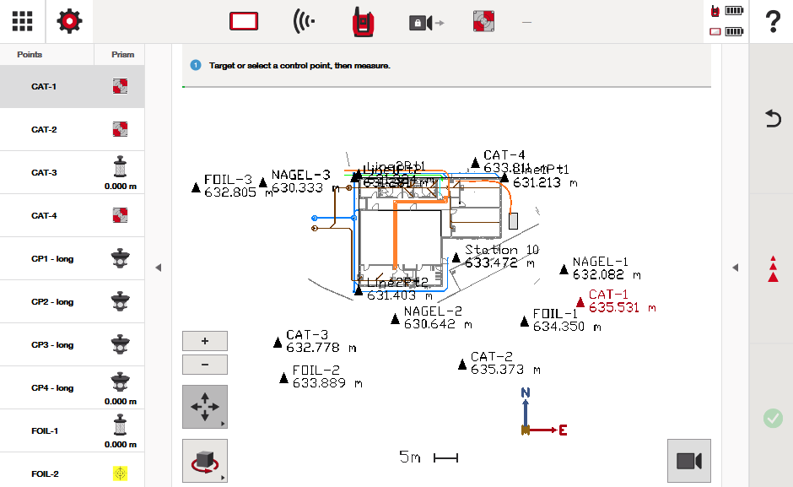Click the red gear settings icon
pyautogui.click(x=69, y=21)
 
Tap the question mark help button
pyautogui.click(x=772, y=21)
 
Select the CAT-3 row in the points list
pyautogui.click(x=44, y=172)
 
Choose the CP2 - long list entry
pyautogui.click(x=52, y=301)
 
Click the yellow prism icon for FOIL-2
pyautogui.click(x=120, y=473)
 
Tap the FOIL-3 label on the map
pyautogui.click(x=228, y=180)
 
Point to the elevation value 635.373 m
pyautogui.click(x=505, y=370)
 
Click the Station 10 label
pyautogui.click(x=502, y=250)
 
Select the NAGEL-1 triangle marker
pyautogui.click(x=564, y=269)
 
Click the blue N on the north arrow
pyautogui.click(x=525, y=392)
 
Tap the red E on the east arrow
pyautogui.click(x=563, y=430)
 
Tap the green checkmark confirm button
pyautogui.click(x=773, y=418)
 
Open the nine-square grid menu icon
pyautogui.click(x=23, y=21)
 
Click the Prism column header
pyautogui.click(x=122, y=55)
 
